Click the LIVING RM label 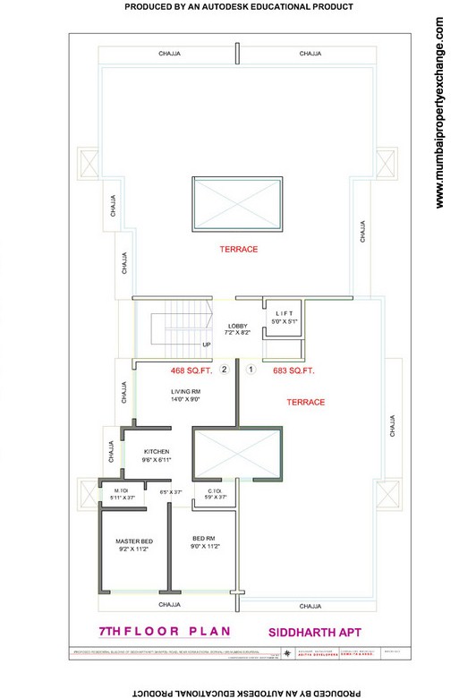point(186,391)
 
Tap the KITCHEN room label point(155,452)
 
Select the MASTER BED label point(134,542)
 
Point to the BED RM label point(203,538)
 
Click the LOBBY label point(237,326)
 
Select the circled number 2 point(225,369)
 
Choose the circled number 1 point(251,369)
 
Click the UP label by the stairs point(207,345)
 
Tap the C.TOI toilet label point(215,490)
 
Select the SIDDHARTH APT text point(309,632)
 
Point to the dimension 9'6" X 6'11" point(155,460)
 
